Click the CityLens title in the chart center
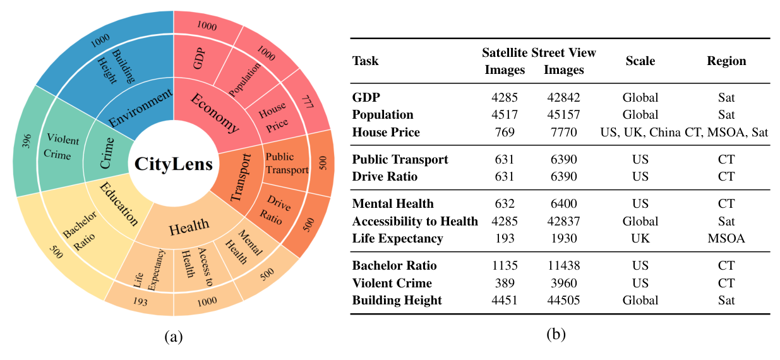pyautogui.click(x=173, y=164)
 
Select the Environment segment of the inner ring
pyautogui.click(x=141, y=109)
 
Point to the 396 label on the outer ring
pyautogui.click(x=27, y=141)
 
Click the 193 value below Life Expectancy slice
pyautogui.click(x=140, y=303)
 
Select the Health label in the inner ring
pyautogui.click(x=189, y=225)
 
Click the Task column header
pyautogui.click(x=366, y=61)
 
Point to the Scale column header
pyautogui.click(x=640, y=61)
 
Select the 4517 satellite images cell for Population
pyautogui.click(x=505, y=115)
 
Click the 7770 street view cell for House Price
pyautogui.click(x=563, y=133)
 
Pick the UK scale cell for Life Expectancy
pyautogui.click(x=640, y=239)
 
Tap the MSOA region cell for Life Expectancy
pyautogui.click(x=726, y=239)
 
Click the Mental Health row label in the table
pyautogui.click(x=393, y=203)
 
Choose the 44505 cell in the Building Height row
pyautogui.click(x=563, y=301)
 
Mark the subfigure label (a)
pyautogui.click(x=173, y=337)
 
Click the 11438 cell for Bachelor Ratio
pyautogui.click(x=563, y=265)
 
